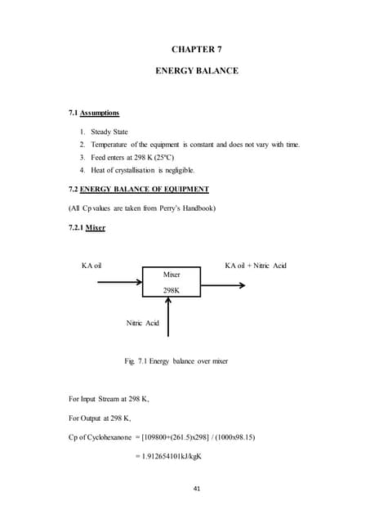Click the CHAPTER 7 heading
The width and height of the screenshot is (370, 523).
197,49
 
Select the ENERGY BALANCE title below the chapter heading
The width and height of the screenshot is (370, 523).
197,72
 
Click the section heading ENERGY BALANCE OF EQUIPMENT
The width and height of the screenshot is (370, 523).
144,189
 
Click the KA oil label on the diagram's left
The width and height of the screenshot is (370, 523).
91,266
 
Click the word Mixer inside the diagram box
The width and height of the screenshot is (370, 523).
172,275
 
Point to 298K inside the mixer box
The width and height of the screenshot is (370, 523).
172,290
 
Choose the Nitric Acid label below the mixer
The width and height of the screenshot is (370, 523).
143,324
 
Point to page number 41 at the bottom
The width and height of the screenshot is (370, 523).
197,489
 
